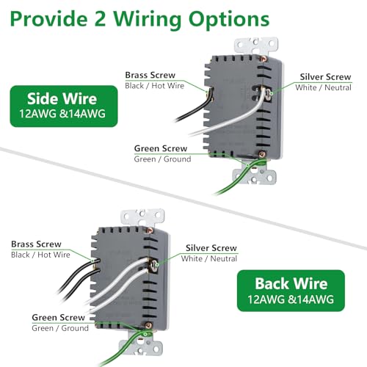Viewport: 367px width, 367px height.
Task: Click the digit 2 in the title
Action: tap(100, 19)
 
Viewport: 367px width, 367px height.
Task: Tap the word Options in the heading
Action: tap(229, 21)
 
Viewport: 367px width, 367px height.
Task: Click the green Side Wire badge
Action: tap(64, 106)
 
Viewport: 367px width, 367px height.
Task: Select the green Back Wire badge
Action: tap(291, 291)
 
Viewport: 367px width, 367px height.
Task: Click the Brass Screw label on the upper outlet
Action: tap(150, 75)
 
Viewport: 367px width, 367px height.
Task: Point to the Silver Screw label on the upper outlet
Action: tap(325, 77)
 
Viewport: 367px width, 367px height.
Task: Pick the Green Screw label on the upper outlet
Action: tap(161, 148)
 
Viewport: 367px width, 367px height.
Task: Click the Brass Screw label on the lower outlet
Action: tap(36, 244)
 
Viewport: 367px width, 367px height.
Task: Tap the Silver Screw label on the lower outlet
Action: tap(211, 248)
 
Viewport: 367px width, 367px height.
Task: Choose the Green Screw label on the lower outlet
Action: tap(59, 317)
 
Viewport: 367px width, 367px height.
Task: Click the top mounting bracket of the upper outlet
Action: tap(256, 46)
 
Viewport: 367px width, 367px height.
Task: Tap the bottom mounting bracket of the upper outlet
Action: tap(255, 174)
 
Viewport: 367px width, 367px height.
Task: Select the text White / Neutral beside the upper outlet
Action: tap(323, 87)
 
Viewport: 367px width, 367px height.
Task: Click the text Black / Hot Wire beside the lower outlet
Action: tap(40, 255)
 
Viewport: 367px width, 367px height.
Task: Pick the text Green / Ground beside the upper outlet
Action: tap(162, 159)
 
